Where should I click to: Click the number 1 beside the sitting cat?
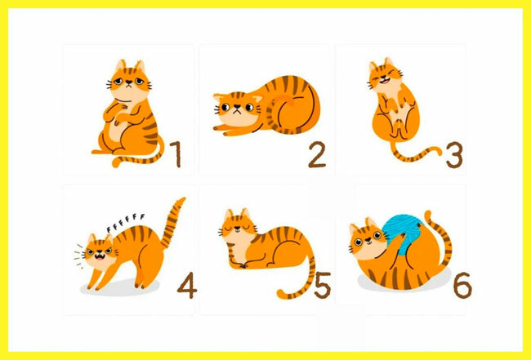tap(176, 154)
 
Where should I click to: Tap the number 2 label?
tap(317, 154)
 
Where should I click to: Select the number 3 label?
tap(454, 154)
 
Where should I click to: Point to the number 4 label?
tap(187, 285)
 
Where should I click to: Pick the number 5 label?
tap(323, 285)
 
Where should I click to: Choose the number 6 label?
tap(462, 285)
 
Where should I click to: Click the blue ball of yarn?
tap(403, 232)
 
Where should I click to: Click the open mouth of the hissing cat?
tap(100, 257)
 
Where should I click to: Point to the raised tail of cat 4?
tap(172, 223)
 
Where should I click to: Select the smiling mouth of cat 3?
tap(384, 81)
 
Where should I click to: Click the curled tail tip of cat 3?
tap(439, 151)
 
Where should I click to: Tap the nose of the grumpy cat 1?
tap(129, 82)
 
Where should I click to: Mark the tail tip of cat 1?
tap(116, 163)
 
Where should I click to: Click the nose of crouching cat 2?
tap(237, 107)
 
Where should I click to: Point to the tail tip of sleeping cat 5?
tap(281, 294)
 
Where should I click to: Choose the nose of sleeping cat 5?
tap(238, 228)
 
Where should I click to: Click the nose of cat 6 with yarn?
tap(368, 239)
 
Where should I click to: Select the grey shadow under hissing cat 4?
tap(120, 287)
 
